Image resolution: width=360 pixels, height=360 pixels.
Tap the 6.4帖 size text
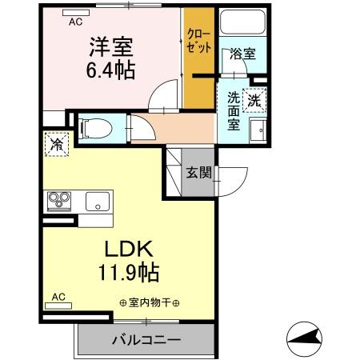(110, 69)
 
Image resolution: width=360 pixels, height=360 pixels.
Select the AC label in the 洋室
(76, 22)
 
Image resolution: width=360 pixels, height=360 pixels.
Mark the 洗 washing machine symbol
(254, 102)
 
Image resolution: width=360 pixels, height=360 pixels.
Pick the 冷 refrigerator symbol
(58, 144)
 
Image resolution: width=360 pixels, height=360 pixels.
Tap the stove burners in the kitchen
(58, 198)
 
